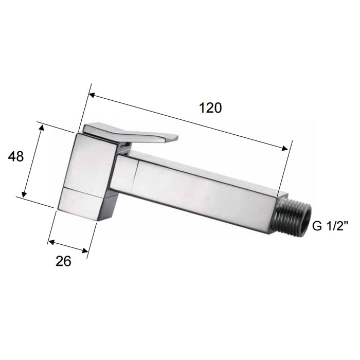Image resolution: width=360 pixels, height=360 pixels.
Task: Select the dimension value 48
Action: coord(16,156)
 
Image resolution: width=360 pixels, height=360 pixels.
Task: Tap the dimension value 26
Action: coord(63,261)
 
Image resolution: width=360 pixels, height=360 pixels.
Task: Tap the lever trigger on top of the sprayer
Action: coord(134,132)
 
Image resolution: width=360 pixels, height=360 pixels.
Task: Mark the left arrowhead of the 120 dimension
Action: coord(92,95)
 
